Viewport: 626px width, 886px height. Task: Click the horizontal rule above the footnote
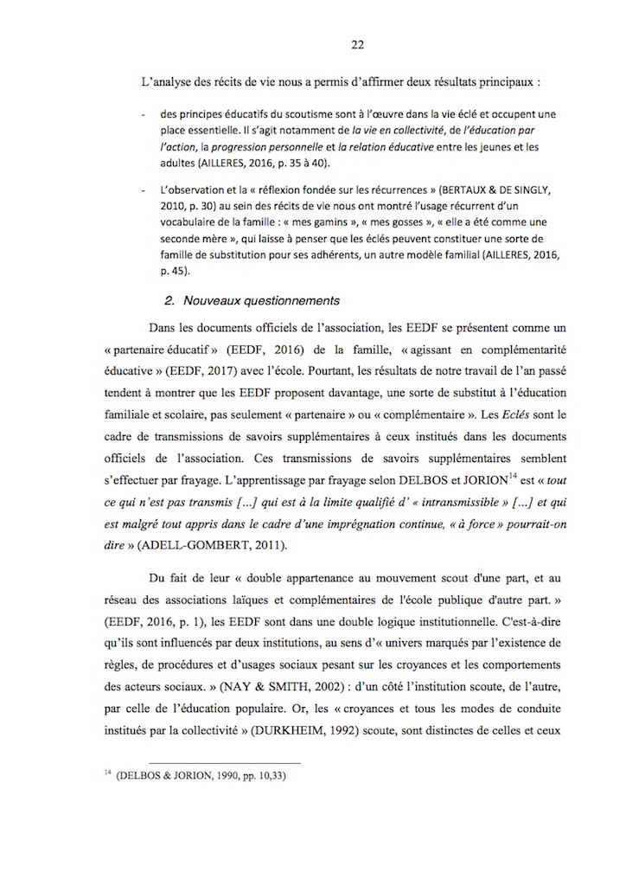(213, 762)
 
